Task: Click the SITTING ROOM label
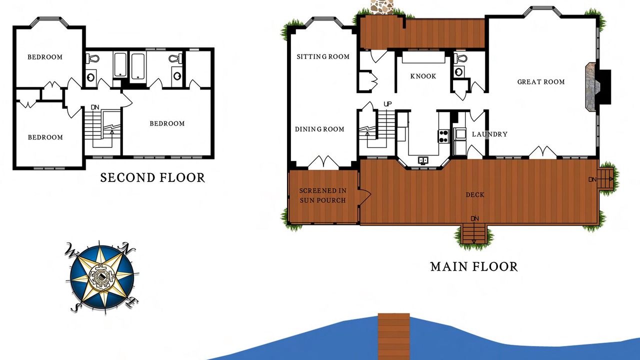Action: pos(323,56)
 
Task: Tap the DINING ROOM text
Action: pos(319,129)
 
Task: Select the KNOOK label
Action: pos(423,76)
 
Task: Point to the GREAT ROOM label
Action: pos(541,82)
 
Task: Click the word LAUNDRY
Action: pos(489,134)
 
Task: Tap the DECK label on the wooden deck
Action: pos(475,195)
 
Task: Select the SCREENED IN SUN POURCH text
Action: pos(323,195)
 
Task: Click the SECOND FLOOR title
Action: pos(152,177)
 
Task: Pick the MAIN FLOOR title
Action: pos(474,267)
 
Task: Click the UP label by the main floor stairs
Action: pos(387,103)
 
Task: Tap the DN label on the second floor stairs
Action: pos(95,107)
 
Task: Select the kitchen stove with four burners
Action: pos(443,136)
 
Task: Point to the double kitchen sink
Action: pos(423,160)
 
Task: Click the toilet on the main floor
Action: pos(460,58)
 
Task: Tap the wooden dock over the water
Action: pos(393,336)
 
